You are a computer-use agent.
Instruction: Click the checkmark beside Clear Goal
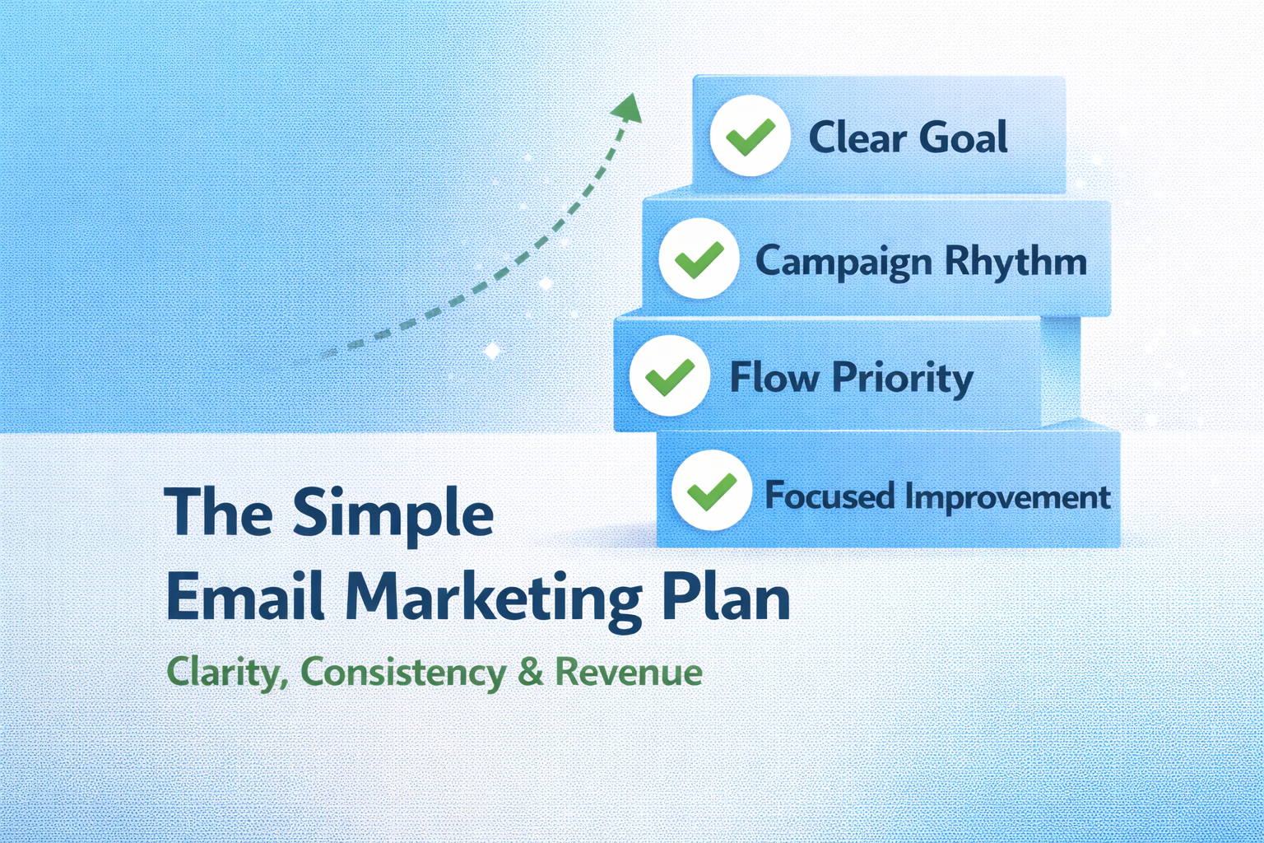[x=750, y=136]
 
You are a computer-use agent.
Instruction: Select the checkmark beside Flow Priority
[x=670, y=376]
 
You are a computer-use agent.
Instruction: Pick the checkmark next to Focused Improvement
[x=712, y=491]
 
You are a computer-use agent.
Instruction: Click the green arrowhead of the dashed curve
[x=629, y=107]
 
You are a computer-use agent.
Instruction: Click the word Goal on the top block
[x=963, y=137]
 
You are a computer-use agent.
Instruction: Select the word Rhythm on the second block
[x=1015, y=262]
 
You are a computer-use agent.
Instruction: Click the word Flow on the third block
[x=774, y=378]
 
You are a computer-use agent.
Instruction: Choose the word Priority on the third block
[x=902, y=379]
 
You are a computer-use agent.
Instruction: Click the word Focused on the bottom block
[x=829, y=496]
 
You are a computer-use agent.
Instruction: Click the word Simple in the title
[x=393, y=515]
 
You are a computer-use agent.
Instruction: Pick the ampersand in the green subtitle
[x=531, y=672]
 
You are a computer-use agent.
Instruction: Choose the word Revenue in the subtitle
[x=629, y=672]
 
